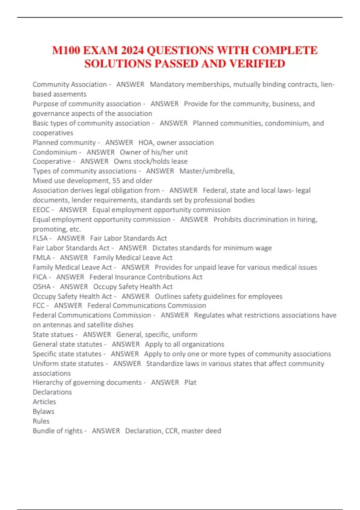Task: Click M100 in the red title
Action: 66,50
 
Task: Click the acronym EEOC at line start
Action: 41,210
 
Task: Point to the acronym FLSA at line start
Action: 40,238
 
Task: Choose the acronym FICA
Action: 40,277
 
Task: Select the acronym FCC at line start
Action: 39,306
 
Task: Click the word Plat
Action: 190,382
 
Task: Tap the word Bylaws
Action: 43,412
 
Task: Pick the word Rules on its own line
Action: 41,421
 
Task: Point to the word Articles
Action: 44,402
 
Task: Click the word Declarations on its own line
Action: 52,392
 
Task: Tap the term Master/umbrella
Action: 207,171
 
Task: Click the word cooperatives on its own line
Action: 53,133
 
